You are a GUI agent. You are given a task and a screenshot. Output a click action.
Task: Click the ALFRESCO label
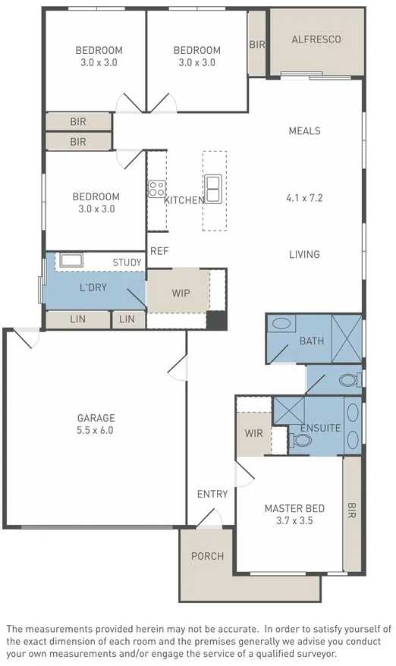click(x=316, y=39)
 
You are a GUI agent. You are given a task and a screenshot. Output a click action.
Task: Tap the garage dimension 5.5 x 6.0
click(x=96, y=429)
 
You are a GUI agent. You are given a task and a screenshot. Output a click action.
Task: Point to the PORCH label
click(x=207, y=556)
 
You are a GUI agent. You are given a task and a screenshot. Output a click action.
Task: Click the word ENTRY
click(x=212, y=494)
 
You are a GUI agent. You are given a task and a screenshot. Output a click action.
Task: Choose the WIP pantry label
click(x=181, y=294)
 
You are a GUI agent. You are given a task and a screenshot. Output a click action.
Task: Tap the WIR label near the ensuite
click(x=253, y=433)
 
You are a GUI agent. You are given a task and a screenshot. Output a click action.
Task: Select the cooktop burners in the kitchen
click(x=157, y=188)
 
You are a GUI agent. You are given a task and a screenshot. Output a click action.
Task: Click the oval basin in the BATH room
click(x=281, y=324)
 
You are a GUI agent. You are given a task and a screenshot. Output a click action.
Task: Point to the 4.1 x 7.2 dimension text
click(x=304, y=198)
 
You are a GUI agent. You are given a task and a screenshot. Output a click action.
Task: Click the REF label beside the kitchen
click(x=159, y=251)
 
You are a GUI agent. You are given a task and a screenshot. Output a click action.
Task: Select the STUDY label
click(x=127, y=262)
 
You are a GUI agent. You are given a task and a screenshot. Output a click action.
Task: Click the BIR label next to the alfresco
click(x=257, y=45)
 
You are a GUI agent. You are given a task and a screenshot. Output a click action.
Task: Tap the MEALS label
click(x=304, y=130)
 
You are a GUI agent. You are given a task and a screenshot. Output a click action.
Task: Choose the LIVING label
click(x=304, y=255)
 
